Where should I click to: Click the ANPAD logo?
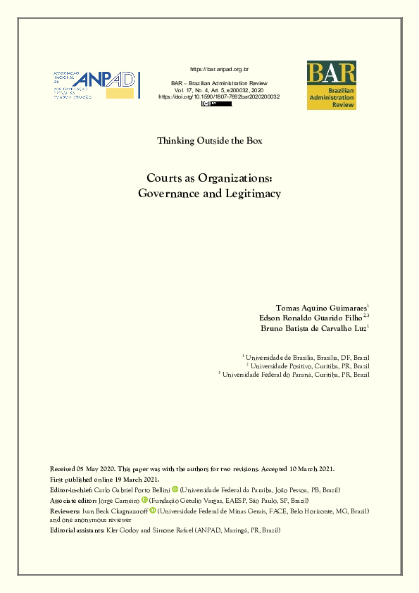(x=97, y=84)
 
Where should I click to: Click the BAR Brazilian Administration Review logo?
(x=331, y=85)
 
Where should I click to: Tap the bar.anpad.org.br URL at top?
(x=218, y=69)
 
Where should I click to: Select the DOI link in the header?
(x=219, y=96)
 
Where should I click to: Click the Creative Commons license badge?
(x=216, y=104)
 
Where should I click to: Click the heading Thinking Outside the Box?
(x=209, y=141)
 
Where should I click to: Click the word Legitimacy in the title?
(x=249, y=193)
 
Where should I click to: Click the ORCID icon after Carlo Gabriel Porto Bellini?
(x=175, y=489)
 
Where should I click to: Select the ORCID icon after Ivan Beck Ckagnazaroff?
(x=152, y=509)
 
